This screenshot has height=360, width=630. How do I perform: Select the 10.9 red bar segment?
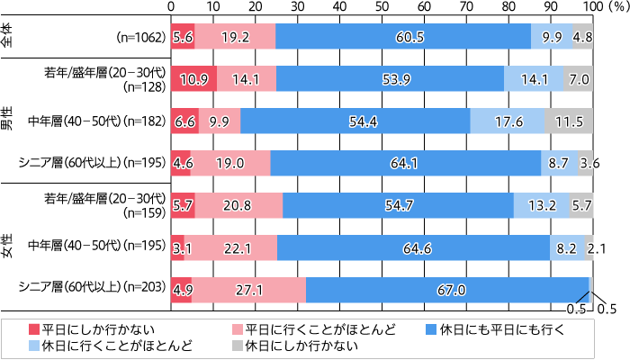193,78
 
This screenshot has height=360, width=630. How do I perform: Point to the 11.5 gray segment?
568,121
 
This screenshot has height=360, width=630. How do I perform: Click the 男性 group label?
8,121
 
